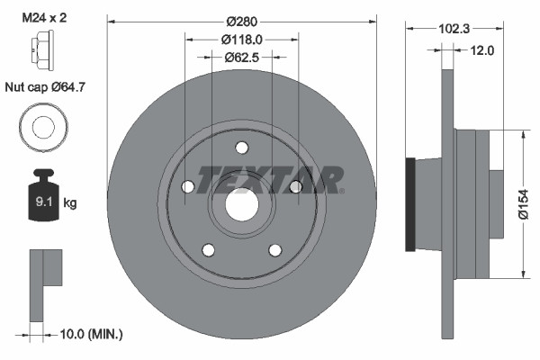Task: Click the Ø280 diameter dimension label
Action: pos(241,20)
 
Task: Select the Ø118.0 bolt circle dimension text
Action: pos(241,39)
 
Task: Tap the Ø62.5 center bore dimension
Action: pos(241,57)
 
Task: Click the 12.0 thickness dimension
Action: pos(482,50)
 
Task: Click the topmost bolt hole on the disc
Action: pos(241,148)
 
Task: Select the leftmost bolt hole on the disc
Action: pos(187,186)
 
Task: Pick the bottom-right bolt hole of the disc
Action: pos(274,249)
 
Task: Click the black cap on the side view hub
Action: pos(412,205)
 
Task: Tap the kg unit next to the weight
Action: pos(70,203)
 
